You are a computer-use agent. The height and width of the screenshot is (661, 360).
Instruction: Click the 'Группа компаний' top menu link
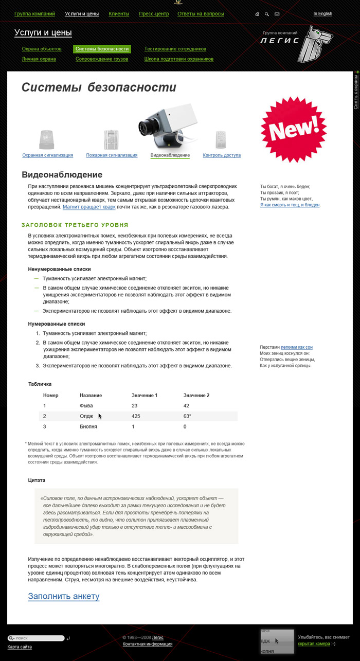[x=34, y=14]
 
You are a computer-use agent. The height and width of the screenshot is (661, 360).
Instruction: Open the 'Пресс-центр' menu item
[x=154, y=14]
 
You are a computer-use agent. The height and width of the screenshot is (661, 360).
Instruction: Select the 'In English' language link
[x=323, y=14]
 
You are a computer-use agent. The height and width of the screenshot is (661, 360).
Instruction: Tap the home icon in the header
[x=257, y=14]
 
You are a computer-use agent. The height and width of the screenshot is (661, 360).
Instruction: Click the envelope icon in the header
[x=277, y=14]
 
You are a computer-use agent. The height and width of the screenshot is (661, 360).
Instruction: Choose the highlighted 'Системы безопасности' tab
[x=102, y=49]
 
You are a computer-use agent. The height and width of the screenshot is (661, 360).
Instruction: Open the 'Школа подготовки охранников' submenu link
[x=178, y=59]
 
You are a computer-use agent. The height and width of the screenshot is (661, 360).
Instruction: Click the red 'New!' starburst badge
[x=294, y=128]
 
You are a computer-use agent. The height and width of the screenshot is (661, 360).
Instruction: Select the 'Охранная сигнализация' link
[x=47, y=155]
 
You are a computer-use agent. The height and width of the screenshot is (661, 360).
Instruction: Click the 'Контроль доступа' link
[x=222, y=155]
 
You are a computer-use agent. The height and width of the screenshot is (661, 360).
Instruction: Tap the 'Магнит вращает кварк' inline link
[x=89, y=207]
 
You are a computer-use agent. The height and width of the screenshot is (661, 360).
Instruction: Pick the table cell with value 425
[x=136, y=416]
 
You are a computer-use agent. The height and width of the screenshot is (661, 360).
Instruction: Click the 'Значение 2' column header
[x=196, y=395]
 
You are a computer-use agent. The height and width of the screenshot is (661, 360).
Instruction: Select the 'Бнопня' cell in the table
[x=88, y=426]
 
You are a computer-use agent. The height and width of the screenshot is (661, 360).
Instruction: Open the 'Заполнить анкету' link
[x=64, y=596]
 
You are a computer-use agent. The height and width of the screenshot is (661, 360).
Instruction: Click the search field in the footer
[x=39, y=638]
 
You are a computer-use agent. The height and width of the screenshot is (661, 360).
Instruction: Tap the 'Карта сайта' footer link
[x=20, y=647]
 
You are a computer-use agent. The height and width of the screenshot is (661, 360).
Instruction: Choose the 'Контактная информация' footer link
[x=147, y=644]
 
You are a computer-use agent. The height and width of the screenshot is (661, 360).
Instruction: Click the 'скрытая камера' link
[x=314, y=644]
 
